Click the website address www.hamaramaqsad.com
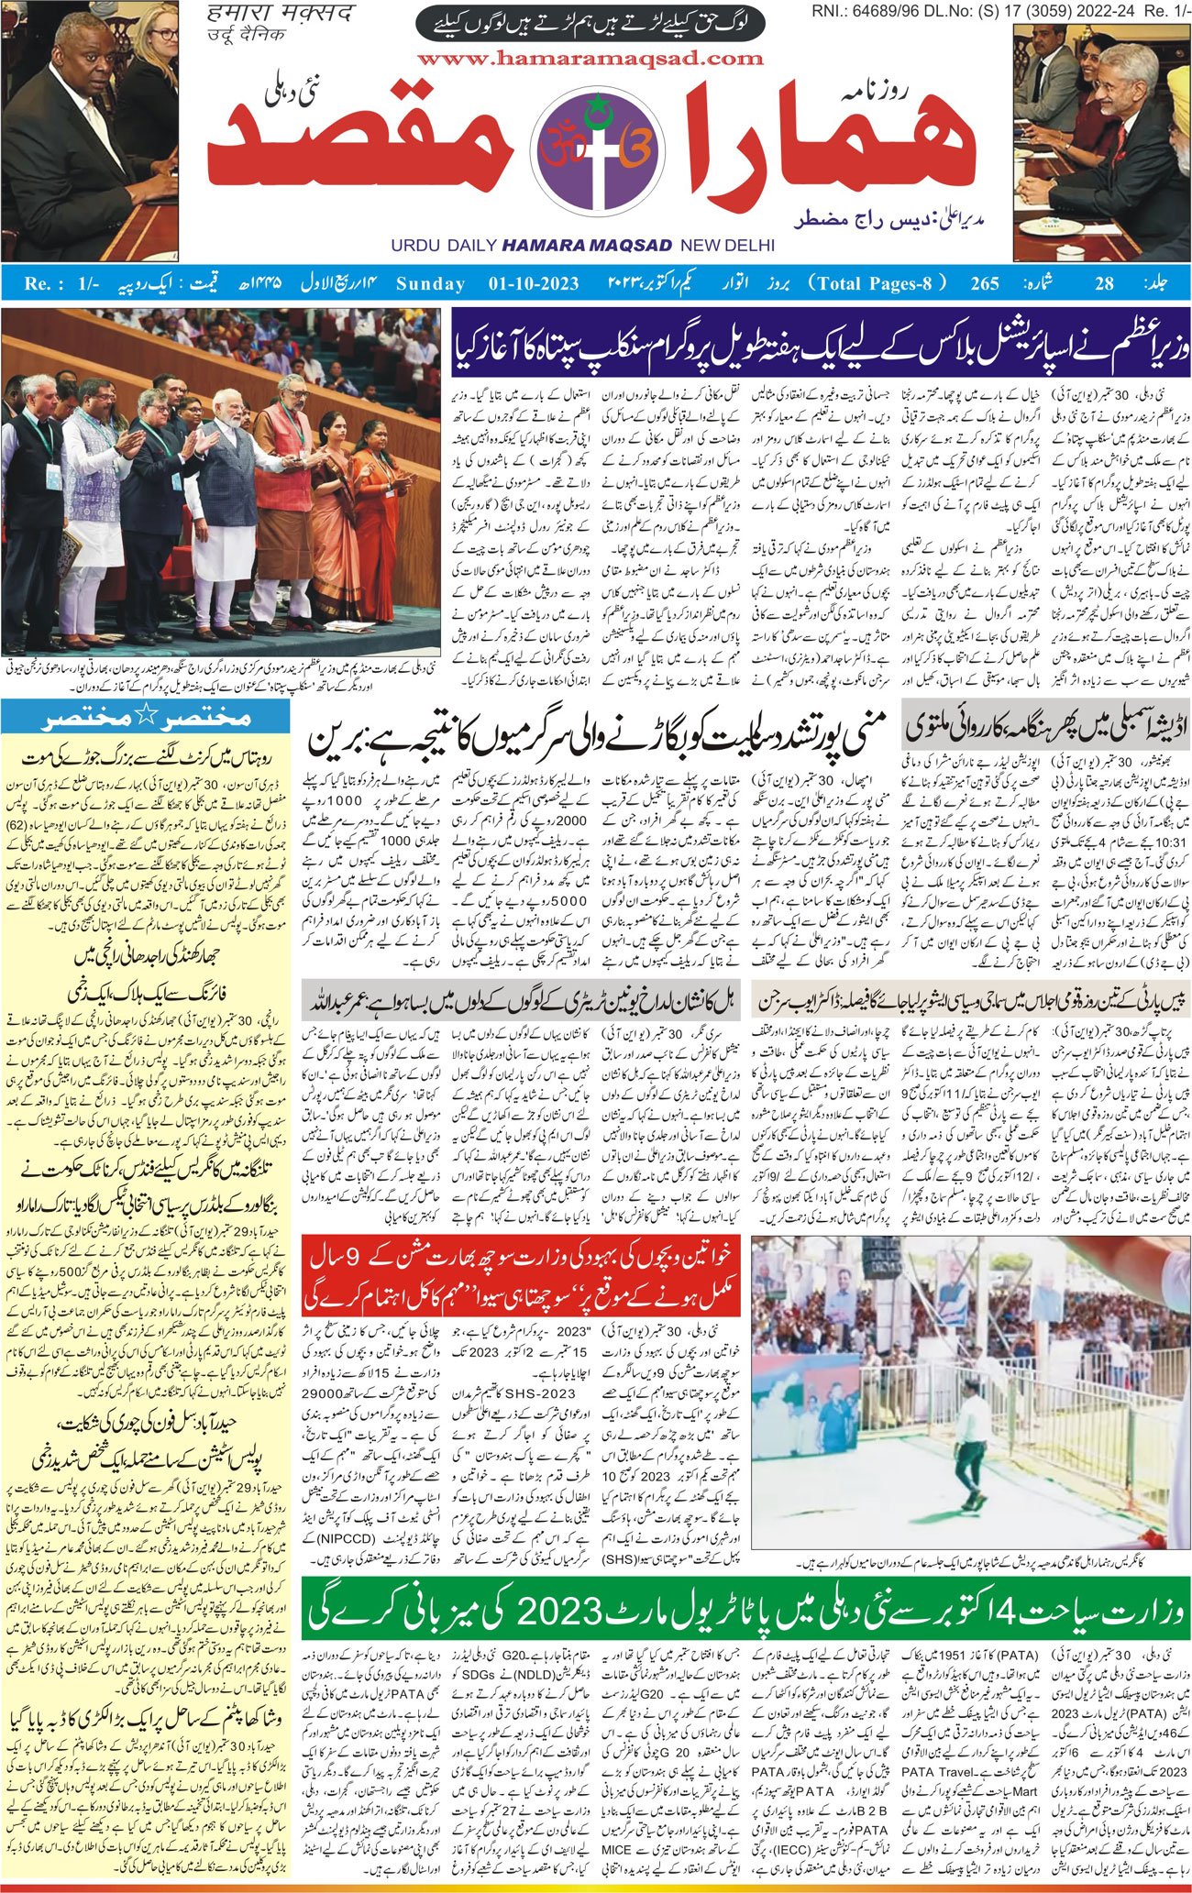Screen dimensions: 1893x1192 coord(590,60)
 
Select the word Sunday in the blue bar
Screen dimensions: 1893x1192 coord(430,284)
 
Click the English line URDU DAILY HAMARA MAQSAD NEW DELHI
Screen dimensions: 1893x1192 coord(582,246)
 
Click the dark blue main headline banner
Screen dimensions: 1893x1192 coord(820,336)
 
